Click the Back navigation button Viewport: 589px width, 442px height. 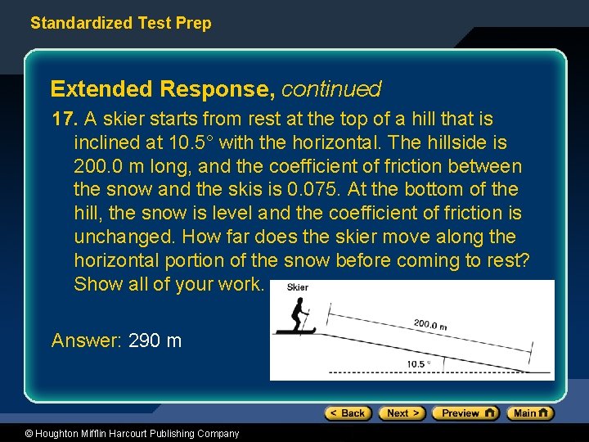tap(348, 413)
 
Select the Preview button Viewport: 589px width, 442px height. tap(465, 413)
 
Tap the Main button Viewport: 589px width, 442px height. tap(529, 413)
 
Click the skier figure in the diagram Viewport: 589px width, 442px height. tap(298, 315)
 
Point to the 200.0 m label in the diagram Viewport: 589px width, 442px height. tap(430, 325)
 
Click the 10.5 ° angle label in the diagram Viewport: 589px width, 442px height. tap(417, 364)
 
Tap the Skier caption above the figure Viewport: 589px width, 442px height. tap(298, 287)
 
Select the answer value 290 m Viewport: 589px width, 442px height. tap(155, 341)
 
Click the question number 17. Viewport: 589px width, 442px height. tap(65, 120)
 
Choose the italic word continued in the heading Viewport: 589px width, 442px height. tap(331, 88)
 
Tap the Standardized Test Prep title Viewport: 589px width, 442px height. tap(120, 23)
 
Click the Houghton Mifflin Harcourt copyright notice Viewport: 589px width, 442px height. tap(120, 434)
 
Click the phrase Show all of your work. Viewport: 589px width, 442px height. tap(169, 285)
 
